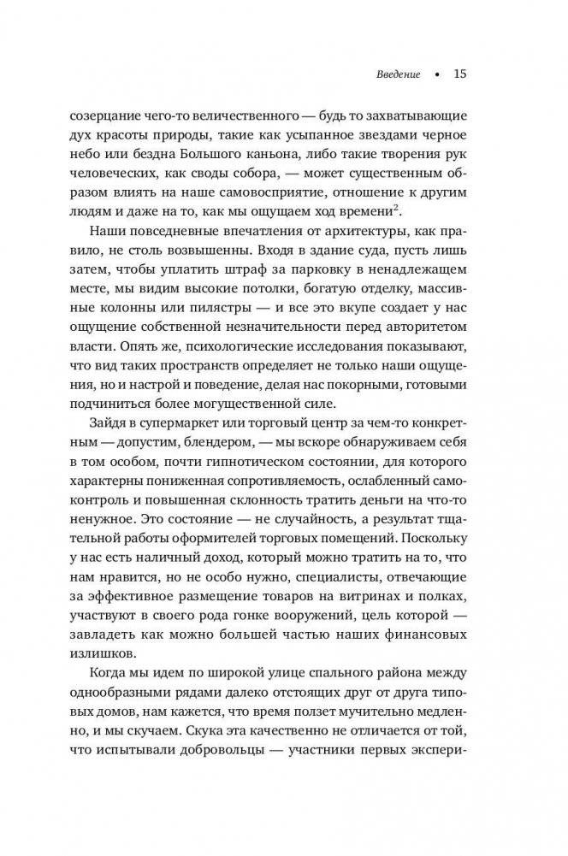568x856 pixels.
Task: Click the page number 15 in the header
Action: (459, 74)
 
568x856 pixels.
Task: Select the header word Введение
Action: (399, 74)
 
